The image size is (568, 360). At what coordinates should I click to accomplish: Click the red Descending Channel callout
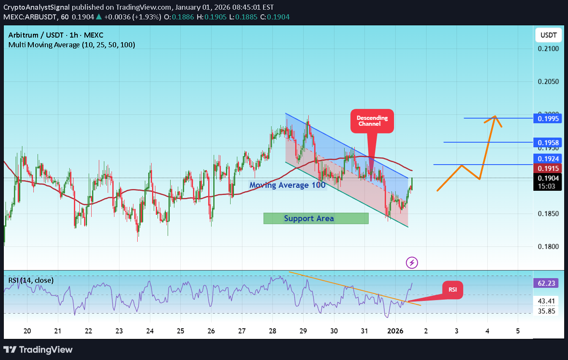coord(372,121)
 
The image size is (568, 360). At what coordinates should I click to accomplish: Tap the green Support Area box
coord(316,218)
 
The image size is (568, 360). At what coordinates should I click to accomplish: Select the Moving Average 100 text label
coord(287,185)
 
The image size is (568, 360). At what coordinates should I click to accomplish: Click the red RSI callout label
coord(452,290)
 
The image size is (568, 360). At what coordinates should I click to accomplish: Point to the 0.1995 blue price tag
coord(549,119)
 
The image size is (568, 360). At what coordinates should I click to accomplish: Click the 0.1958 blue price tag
coord(549,143)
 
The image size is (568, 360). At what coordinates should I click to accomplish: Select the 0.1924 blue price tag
coord(549,159)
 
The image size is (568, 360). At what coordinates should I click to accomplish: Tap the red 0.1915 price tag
coord(549,168)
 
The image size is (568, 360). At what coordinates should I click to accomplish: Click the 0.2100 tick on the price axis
coord(548,49)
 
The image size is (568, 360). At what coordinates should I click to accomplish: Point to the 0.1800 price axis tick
coord(548,246)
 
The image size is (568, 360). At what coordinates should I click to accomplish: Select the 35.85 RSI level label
coord(549,312)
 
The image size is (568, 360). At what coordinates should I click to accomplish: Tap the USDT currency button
coord(548,35)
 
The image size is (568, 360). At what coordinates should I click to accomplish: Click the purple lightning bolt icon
coord(412,263)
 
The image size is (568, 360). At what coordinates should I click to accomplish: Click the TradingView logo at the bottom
coord(38,349)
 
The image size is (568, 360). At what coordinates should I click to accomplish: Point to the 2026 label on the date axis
coord(395,330)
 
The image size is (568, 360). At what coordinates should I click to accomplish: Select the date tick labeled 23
coord(119,330)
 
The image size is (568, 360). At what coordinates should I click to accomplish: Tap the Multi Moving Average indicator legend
coord(72,45)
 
